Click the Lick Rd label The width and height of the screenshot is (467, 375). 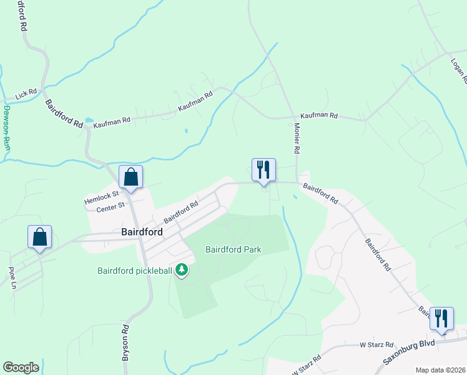pos(27,94)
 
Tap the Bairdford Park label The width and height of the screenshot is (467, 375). pos(234,249)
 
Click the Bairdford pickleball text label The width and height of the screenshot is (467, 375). pos(134,271)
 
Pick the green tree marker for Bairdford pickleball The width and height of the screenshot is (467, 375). pos(182,270)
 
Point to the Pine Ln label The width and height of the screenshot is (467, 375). pos(12,278)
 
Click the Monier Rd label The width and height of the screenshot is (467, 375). pos(297,138)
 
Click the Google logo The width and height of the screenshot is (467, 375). pos(21,367)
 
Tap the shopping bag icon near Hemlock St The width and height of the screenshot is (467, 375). pos(131,177)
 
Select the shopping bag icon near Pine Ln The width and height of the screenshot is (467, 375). pos(40,237)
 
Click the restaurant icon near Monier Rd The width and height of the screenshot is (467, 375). pos(263,169)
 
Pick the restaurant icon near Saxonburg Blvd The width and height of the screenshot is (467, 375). pos(441,318)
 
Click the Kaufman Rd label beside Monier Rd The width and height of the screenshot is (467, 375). pos(318,116)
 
